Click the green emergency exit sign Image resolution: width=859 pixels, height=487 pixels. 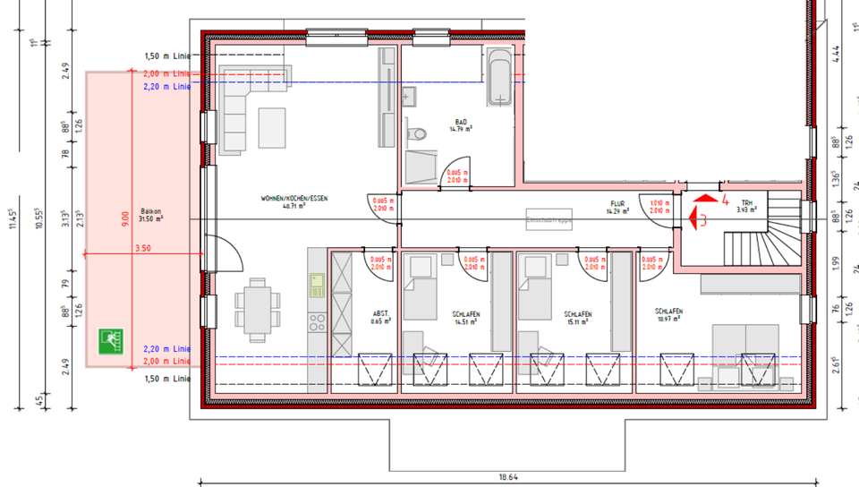(x=111, y=342)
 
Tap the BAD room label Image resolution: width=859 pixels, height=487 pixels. (x=462, y=122)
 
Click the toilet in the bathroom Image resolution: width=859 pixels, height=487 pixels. (x=417, y=134)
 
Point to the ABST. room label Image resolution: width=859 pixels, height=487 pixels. (x=380, y=314)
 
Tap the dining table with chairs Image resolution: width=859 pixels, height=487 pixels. (x=257, y=310)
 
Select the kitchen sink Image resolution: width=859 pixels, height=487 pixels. (x=317, y=286)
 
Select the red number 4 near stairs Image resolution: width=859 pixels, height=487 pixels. (x=726, y=201)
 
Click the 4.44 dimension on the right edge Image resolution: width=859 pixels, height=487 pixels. (x=835, y=52)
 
